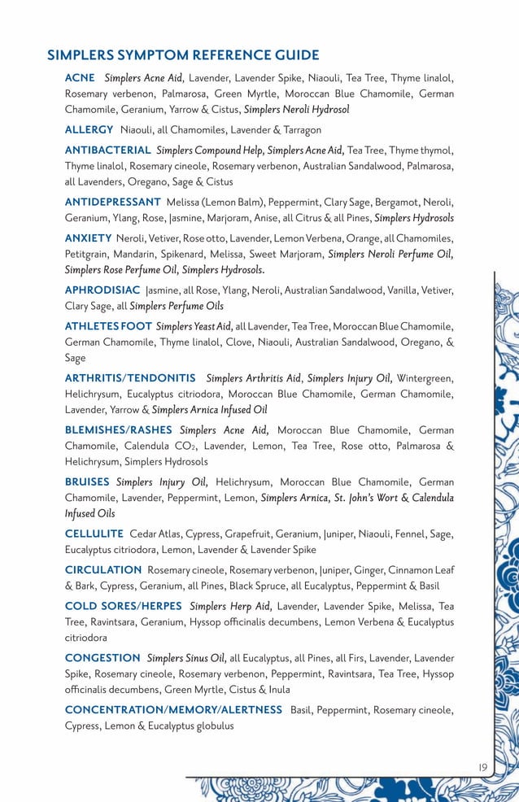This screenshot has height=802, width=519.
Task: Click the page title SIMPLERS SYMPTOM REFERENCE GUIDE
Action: [183, 55]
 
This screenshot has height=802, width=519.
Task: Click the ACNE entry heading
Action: [80, 78]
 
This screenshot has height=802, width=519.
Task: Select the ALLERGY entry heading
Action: [89, 129]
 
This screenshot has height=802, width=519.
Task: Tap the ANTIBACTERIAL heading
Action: [107, 150]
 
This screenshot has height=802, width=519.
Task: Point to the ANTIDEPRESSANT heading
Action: [112, 202]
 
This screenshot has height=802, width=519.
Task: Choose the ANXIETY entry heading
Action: [88, 238]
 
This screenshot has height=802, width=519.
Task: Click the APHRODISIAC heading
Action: [102, 290]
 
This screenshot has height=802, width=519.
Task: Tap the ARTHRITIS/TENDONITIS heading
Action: [130, 378]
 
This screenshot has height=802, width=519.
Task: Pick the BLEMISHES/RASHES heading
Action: [118, 430]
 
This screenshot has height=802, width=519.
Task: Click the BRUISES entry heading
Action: [87, 482]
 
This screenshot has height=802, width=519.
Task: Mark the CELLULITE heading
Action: [94, 534]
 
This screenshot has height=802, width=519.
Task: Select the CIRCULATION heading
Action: [103, 570]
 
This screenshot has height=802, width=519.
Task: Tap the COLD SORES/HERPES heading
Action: [124, 607]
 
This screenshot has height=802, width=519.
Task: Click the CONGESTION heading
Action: [102, 658]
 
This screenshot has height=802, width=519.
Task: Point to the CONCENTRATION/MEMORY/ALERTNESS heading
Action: [173, 710]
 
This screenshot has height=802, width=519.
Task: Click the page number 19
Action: [482, 766]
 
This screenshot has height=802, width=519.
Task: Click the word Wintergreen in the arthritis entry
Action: [426, 378]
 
